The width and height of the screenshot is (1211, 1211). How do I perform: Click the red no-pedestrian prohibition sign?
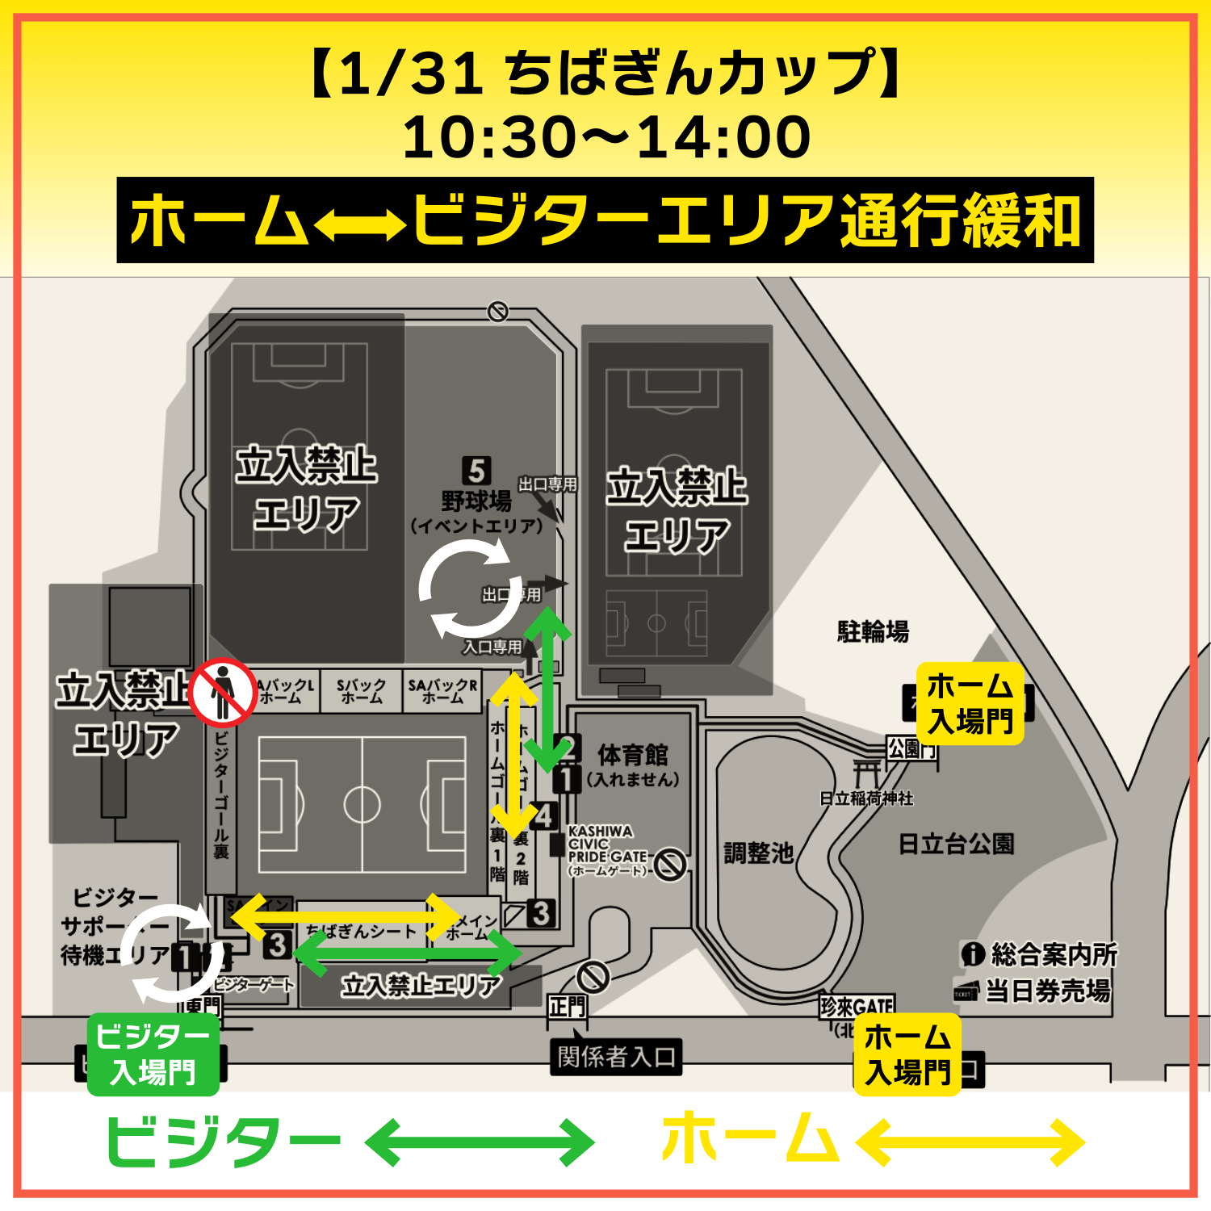point(223,693)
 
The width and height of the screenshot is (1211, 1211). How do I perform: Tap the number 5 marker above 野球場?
point(476,471)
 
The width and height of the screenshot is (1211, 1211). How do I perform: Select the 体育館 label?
point(632,755)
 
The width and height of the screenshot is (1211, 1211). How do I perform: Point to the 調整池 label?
point(758,853)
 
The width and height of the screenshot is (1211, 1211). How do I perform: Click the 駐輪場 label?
point(873,631)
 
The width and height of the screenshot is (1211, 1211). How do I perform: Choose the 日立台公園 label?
point(956,844)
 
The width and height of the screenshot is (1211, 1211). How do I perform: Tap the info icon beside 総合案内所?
point(972,954)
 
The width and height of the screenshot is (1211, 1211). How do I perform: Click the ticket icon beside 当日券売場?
point(966,991)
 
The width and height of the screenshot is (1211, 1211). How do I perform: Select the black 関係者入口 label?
point(616,1056)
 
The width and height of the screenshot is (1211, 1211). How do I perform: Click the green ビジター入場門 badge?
point(153,1054)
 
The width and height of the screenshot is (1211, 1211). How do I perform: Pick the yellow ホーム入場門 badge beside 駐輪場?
point(970,703)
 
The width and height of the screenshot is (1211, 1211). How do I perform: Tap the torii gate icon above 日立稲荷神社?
point(867,773)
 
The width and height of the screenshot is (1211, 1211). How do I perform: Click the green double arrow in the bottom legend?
point(480,1142)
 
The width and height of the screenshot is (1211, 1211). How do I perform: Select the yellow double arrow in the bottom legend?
point(970,1142)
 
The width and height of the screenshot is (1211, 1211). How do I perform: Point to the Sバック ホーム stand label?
point(361,690)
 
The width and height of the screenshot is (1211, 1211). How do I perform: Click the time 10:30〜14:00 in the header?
point(606,136)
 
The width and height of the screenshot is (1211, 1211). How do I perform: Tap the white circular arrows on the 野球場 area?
point(469,588)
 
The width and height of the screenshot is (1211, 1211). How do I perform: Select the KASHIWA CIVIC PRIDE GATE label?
point(607,850)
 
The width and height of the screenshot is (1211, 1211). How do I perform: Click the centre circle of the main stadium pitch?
point(362,804)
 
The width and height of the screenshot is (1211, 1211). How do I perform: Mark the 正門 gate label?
point(568,1007)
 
